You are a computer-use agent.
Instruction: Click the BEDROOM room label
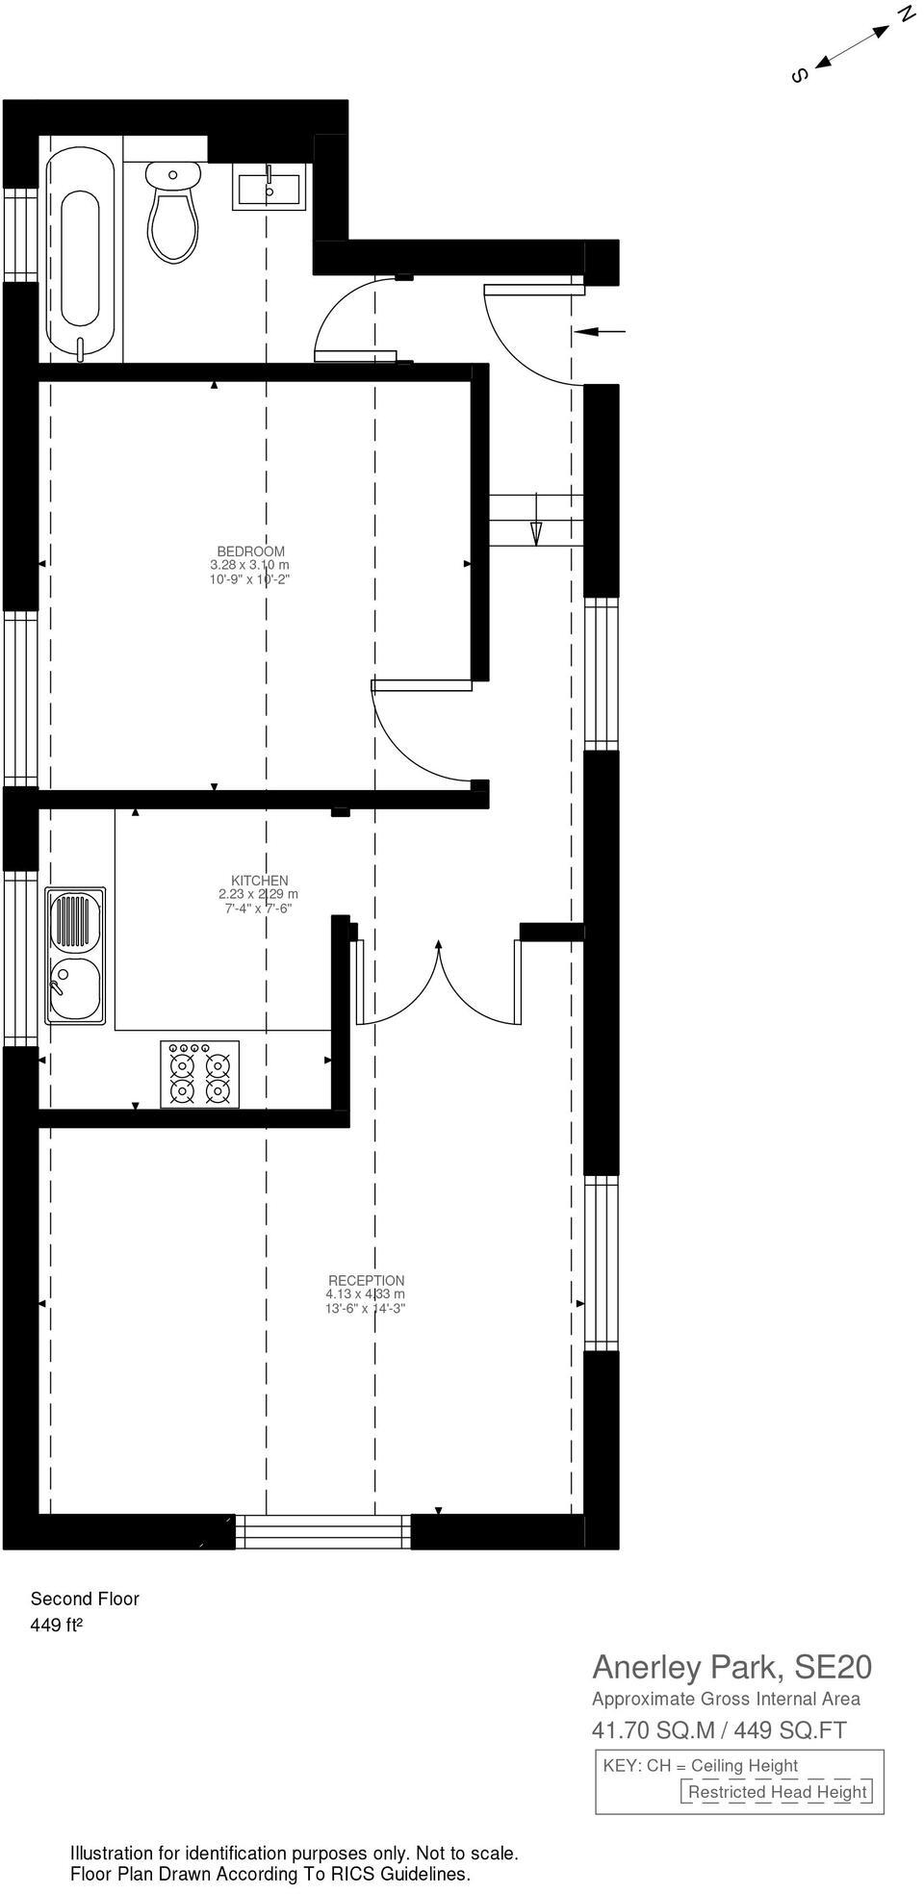(250, 551)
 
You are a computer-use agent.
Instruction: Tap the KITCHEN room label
(259, 881)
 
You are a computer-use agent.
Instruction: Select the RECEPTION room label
(366, 1281)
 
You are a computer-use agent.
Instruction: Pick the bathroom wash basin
(269, 187)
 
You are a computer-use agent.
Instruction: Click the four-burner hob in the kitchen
(199, 1074)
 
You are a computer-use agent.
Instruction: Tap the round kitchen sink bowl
(75, 989)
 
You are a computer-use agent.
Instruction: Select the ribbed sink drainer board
(75, 921)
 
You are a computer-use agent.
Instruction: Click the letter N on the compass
(906, 13)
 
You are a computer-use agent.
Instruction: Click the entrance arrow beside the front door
(600, 332)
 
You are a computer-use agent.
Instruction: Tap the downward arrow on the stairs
(536, 531)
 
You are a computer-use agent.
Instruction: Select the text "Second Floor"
(85, 1599)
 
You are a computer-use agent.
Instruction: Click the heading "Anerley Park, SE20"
(731, 1667)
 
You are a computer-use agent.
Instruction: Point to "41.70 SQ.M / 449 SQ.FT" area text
(719, 1730)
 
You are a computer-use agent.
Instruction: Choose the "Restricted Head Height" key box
(777, 1792)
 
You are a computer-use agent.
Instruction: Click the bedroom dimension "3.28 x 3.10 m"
(249, 565)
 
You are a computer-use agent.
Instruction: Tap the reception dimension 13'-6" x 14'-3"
(365, 1308)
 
